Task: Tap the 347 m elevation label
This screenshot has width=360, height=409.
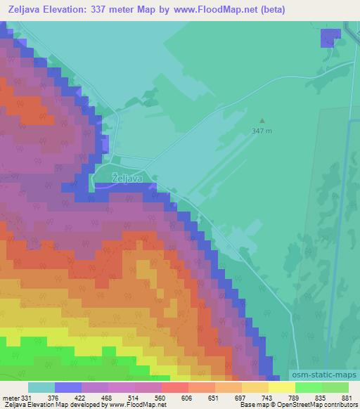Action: point(262,131)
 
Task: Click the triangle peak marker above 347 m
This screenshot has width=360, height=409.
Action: point(262,121)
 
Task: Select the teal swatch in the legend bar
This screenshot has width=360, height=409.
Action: point(41,387)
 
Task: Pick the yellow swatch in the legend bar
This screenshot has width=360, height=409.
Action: point(281,387)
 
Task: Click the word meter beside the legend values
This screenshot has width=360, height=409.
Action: point(10,397)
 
